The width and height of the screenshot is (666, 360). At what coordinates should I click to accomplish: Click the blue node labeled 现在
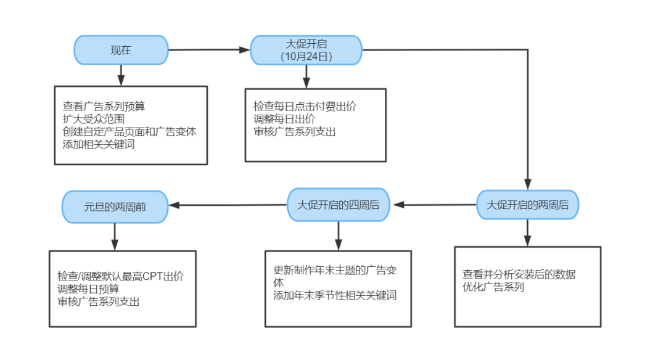[x=121, y=50]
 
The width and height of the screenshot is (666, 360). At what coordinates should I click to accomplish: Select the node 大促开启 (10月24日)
[x=306, y=50]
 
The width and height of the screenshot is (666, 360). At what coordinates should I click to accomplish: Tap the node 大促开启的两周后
[x=527, y=205]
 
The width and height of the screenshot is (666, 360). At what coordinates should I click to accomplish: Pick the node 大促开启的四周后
[x=339, y=205]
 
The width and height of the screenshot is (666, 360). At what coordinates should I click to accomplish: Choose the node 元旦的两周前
[x=115, y=207]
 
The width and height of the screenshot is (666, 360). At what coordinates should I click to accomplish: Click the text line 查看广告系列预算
[x=104, y=106]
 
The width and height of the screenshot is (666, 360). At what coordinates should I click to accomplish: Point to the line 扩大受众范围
[x=94, y=119]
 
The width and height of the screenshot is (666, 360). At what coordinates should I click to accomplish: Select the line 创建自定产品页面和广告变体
[x=129, y=131]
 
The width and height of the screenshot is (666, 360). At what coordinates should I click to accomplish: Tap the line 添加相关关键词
[x=99, y=144]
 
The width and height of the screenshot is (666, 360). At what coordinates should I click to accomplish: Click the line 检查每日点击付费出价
[x=305, y=106]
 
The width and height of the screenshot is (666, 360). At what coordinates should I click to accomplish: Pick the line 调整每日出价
[x=284, y=119]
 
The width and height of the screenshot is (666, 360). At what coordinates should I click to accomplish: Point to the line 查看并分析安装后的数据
[x=519, y=274]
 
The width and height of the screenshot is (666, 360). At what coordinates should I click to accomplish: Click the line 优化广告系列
[x=493, y=287]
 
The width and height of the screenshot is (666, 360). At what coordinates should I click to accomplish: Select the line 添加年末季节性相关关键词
[x=335, y=295]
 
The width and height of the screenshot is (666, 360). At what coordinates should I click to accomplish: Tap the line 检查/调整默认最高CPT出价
[x=121, y=276]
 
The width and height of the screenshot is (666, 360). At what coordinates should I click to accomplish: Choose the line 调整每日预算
[x=88, y=289]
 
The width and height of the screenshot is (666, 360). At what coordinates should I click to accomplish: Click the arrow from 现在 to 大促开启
[x=210, y=50]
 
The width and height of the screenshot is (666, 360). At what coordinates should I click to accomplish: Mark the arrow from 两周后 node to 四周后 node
[x=435, y=205]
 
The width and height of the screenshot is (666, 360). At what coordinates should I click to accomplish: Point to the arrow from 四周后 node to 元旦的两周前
[x=228, y=205]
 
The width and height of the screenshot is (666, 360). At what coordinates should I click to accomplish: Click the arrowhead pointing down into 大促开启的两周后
[x=527, y=184]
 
